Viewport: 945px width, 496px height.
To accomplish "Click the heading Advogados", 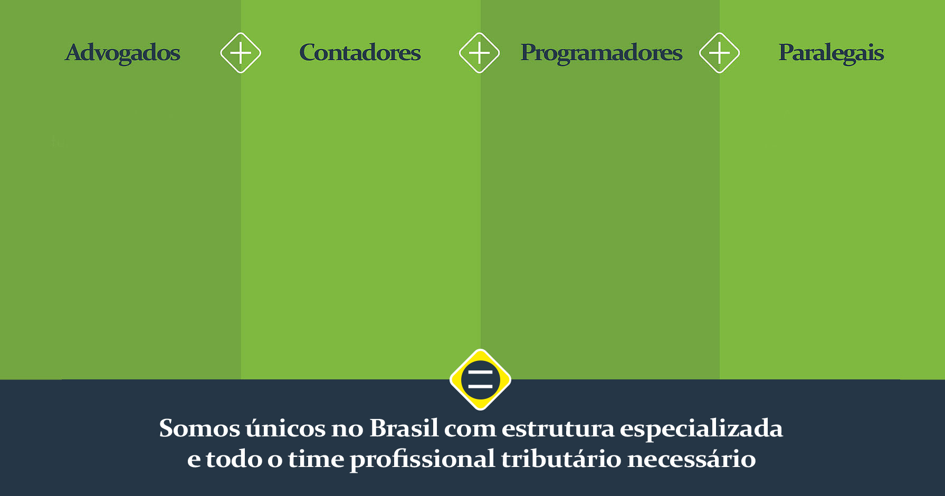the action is [122, 53].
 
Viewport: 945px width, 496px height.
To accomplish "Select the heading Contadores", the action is [360, 53].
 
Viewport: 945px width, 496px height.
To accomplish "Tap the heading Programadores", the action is [602, 53].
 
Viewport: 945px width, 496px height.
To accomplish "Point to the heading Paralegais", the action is [831, 53].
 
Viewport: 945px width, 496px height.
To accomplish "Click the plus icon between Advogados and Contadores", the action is [241, 53].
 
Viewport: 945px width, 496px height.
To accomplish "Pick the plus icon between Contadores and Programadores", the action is [479, 53].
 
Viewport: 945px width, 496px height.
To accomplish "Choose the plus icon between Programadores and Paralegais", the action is [719, 53].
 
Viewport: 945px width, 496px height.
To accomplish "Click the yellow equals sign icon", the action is [480, 379].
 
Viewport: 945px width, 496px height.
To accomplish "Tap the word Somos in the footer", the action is [199, 428].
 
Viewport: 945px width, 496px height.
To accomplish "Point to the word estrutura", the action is [558, 428].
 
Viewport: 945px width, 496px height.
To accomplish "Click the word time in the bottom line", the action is [316, 459].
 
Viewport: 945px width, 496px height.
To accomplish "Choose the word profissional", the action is [423, 460].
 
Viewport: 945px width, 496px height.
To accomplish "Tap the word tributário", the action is [561, 459].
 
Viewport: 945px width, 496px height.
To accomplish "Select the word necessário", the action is [692, 459].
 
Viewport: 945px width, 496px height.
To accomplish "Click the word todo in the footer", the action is [234, 459].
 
